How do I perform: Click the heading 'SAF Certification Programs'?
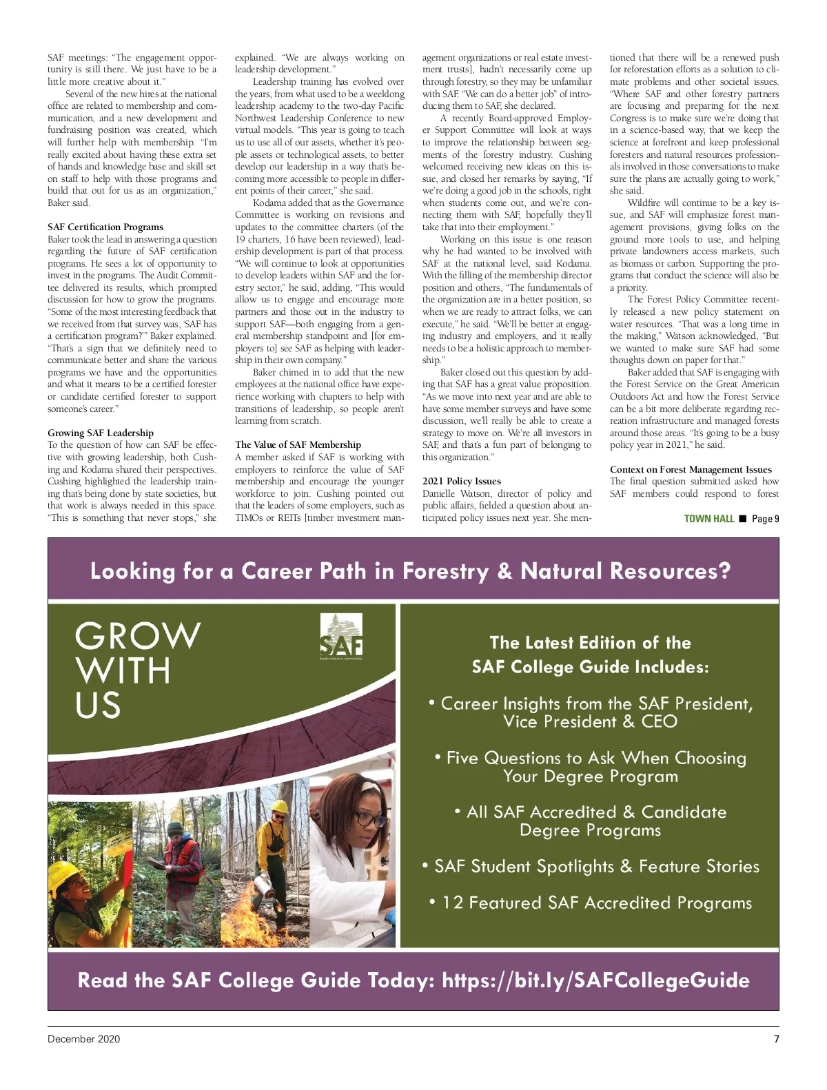coord(105,227)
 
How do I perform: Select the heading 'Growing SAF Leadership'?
coord(101,433)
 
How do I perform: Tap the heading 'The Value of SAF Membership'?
coord(298,445)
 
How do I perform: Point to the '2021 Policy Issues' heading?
coord(462,482)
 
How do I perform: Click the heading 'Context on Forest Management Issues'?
coord(691,470)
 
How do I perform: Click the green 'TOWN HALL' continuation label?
coord(708,519)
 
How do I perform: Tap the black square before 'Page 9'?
coord(743,519)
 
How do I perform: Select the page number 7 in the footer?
coord(776,1039)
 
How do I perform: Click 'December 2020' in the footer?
coord(83,1039)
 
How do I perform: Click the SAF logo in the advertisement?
coord(341,637)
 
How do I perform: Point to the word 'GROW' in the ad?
coord(138,636)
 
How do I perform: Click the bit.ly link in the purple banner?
coord(595,980)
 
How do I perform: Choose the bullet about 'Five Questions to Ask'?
coord(591,767)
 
